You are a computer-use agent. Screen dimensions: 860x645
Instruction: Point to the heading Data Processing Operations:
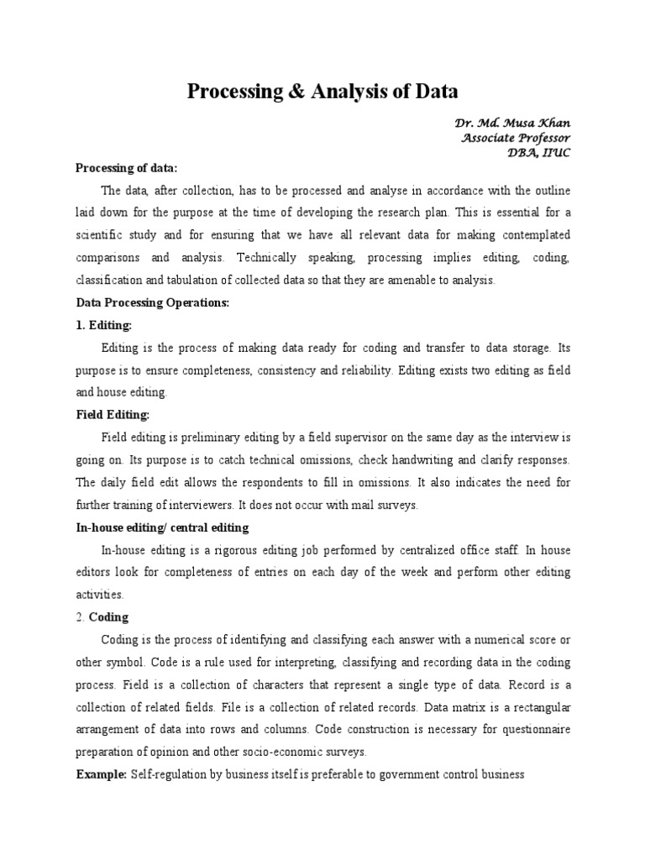[152, 302]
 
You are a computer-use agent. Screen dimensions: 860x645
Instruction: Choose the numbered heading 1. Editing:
[105, 324]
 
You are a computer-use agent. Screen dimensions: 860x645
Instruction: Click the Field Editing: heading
[113, 415]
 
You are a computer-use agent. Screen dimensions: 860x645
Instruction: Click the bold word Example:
[102, 774]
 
